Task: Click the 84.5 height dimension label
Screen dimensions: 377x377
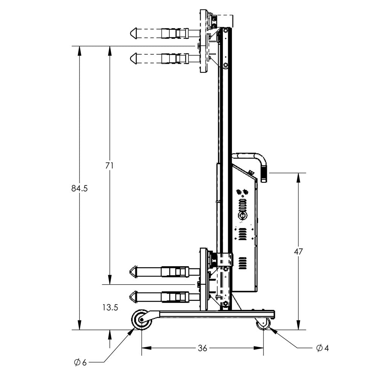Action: [x=79, y=188]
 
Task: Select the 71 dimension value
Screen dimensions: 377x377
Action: [x=110, y=166]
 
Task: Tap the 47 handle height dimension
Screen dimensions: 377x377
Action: [x=298, y=251]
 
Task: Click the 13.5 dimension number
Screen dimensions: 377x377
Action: [x=110, y=308]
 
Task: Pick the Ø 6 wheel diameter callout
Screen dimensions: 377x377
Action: [x=80, y=362]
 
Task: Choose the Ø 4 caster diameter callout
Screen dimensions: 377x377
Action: [x=322, y=348]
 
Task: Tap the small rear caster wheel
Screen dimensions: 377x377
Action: [x=263, y=323]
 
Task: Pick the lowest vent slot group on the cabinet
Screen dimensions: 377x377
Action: [x=242, y=264]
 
